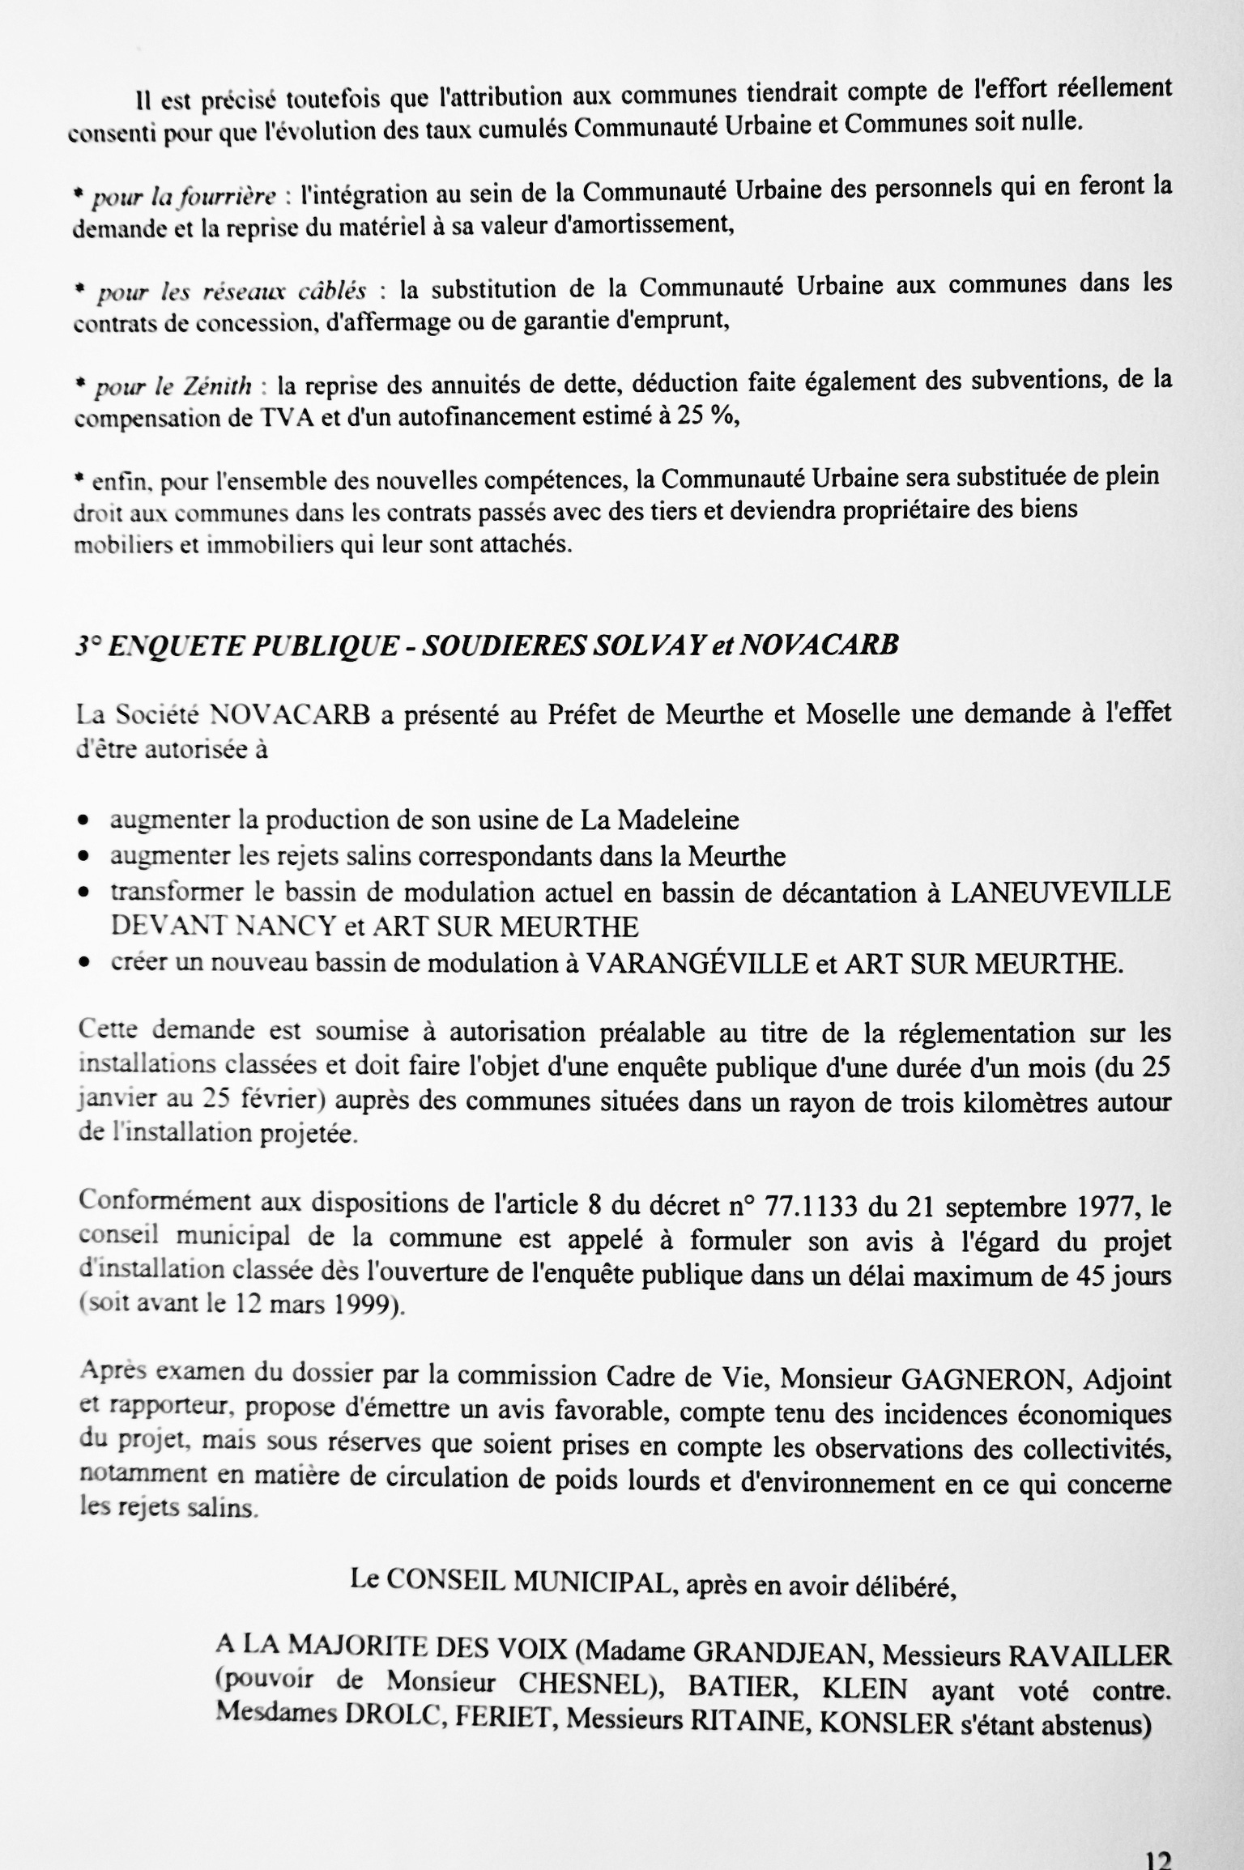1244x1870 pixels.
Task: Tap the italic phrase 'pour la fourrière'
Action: [x=185, y=198]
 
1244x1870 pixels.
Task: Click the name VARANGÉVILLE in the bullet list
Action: [x=697, y=964]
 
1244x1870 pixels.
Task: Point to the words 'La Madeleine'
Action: [x=659, y=820]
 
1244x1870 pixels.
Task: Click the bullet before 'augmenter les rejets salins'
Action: [x=83, y=856]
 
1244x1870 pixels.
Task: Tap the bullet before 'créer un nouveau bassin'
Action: [x=83, y=965]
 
